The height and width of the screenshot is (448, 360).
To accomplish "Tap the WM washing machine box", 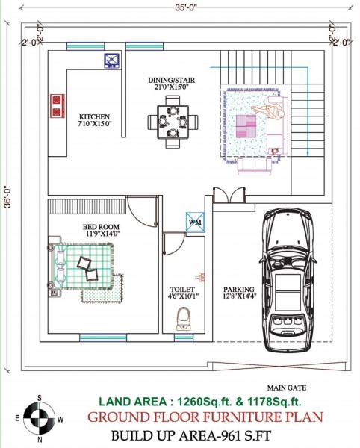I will coord(195,223).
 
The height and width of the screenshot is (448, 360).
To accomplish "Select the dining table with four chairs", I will coord(173,122).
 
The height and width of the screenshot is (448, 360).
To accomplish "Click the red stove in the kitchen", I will coord(55,105).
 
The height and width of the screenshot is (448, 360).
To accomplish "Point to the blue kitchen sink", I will coord(111,60).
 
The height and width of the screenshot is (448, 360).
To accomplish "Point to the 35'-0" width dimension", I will coord(180,8).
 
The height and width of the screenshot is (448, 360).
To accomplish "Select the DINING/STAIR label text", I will coord(172,81).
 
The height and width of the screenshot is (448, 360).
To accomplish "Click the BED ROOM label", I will coord(99,228).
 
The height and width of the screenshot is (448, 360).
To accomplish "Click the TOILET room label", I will coord(184,290).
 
